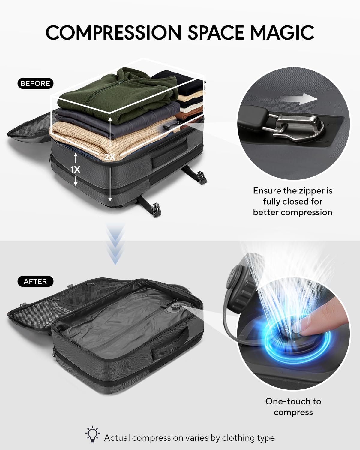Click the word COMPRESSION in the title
tap(113, 32)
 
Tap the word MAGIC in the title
tap(282, 32)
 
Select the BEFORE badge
tap(35, 83)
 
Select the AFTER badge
tap(35, 281)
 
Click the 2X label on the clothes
tap(109, 157)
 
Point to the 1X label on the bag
tap(76, 169)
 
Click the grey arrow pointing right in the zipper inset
tap(299, 99)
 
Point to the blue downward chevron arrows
tap(115, 244)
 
